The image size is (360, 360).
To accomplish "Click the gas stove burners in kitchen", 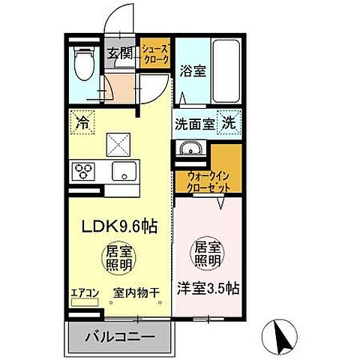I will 82,171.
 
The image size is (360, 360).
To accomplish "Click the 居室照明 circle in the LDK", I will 119,259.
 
